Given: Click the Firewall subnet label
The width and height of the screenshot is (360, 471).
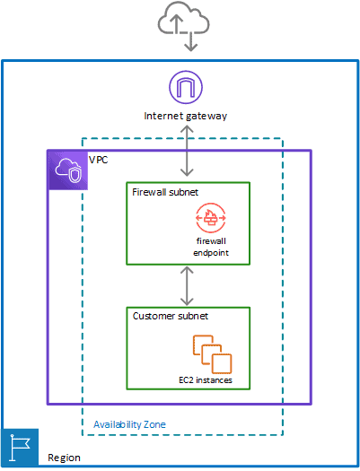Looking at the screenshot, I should pos(166,191).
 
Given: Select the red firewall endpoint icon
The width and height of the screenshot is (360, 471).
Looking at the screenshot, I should pos(213,218).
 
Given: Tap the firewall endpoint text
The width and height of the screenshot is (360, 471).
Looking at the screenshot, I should pos(213,247).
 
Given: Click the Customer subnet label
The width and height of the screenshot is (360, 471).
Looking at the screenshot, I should pos(170,317).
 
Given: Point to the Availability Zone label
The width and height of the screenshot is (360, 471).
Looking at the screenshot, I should pos(129,423).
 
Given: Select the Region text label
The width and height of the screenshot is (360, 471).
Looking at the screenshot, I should pos(64,458).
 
